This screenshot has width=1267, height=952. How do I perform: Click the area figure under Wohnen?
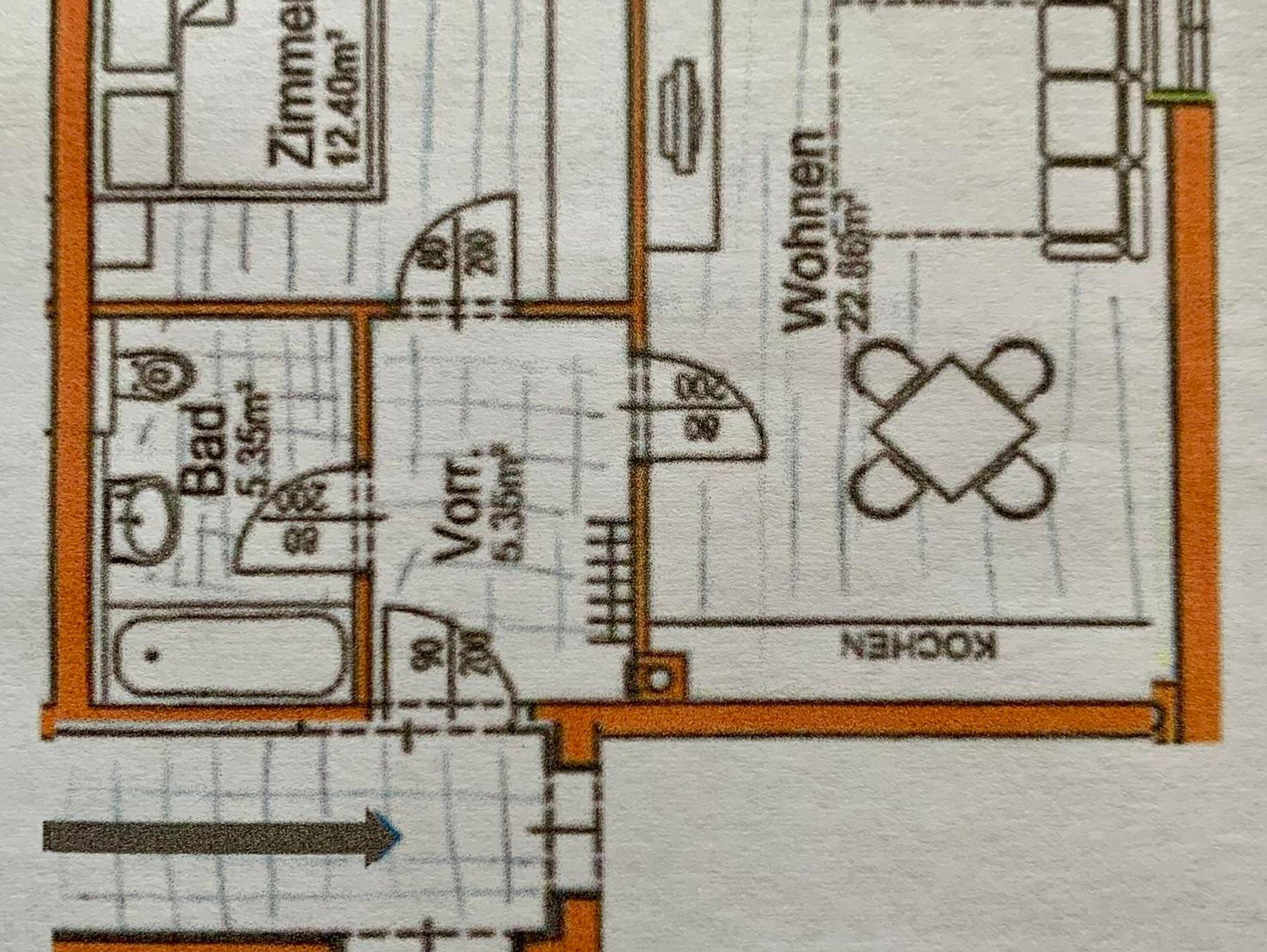click(x=857, y=254)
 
